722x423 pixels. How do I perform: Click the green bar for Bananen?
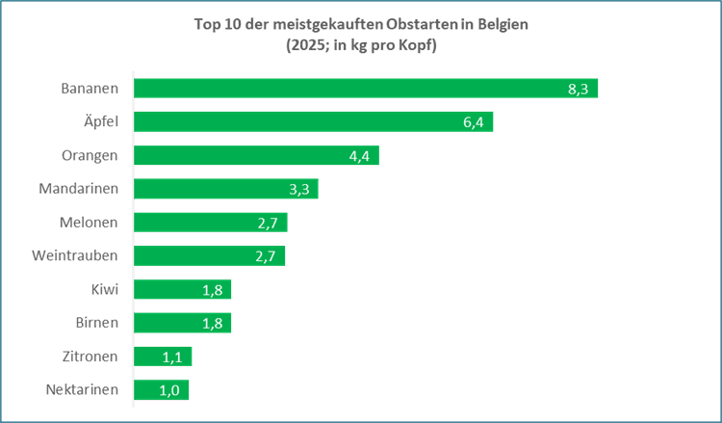click(x=366, y=88)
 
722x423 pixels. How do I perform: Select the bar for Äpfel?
click(x=314, y=121)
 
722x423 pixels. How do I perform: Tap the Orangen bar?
click(x=256, y=155)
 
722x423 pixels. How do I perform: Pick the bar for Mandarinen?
click(x=226, y=189)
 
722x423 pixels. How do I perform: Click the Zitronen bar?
click(x=163, y=357)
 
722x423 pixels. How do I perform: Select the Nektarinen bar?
click(x=161, y=390)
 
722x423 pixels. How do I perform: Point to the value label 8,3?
click(x=578, y=89)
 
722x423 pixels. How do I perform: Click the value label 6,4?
click(x=474, y=122)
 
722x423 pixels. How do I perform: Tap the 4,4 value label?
click(x=359, y=156)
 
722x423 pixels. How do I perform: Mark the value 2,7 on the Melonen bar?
click(x=268, y=224)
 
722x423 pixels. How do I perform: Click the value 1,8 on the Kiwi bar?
click(x=213, y=290)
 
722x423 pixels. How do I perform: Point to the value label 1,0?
click(x=169, y=391)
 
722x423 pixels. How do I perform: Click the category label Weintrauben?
click(x=74, y=255)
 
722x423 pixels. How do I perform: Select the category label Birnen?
click(x=96, y=323)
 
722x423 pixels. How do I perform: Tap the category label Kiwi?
click(x=105, y=289)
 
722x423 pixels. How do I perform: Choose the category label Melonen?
click(x=89, y=222)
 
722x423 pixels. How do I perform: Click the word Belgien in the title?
click(x=503, y=25)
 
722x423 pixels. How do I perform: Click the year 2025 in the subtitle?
click(x=305, y=45)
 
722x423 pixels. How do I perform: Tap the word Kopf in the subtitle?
click(x=416, y=46)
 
